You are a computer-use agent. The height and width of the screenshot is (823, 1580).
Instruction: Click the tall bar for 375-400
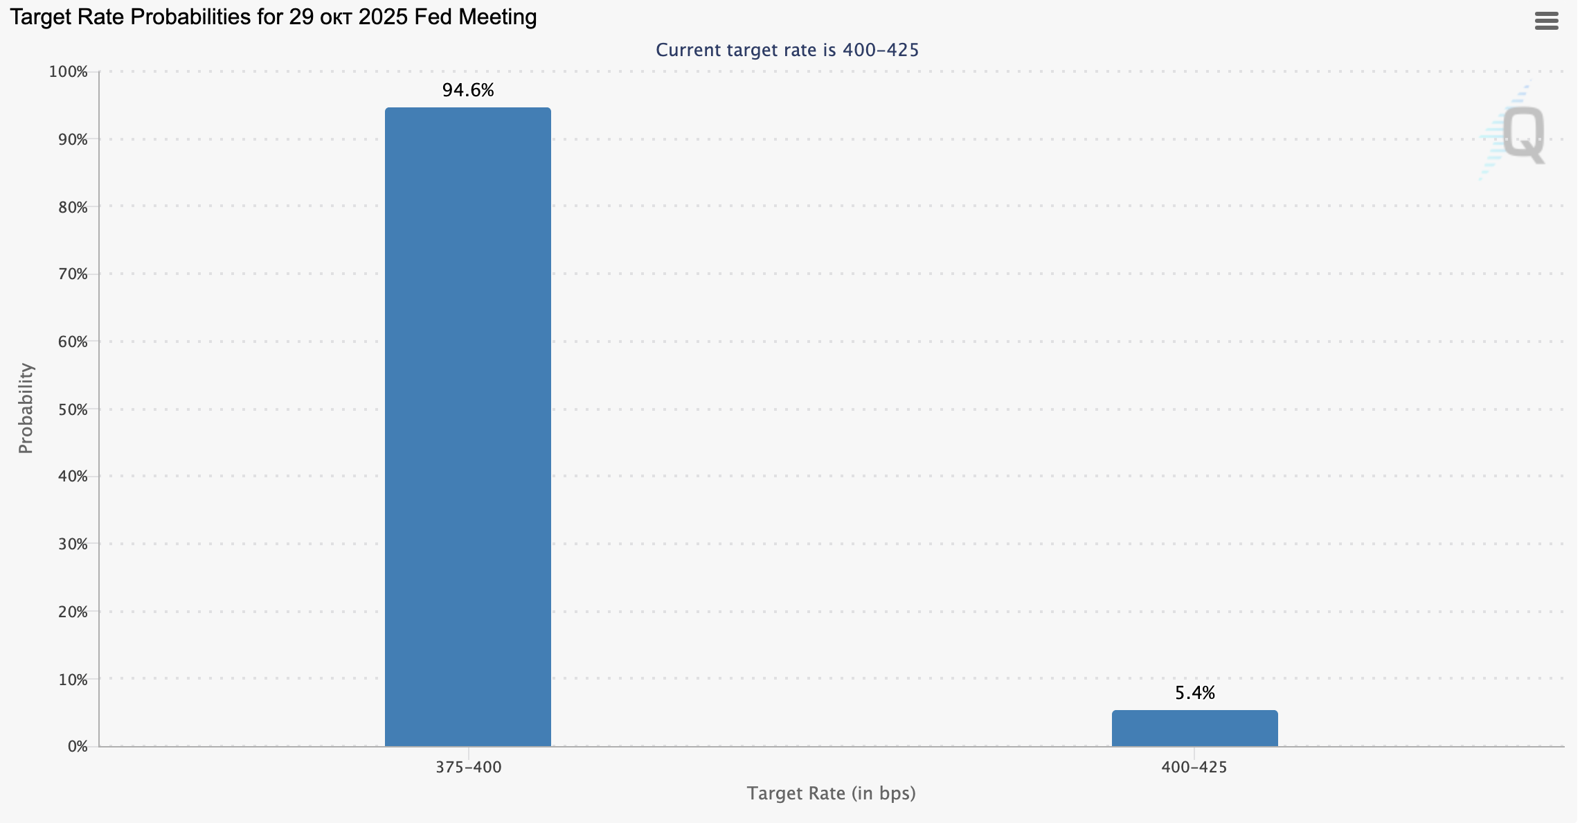tap(468, 426)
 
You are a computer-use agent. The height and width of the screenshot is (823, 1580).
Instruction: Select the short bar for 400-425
tap(1194, 728)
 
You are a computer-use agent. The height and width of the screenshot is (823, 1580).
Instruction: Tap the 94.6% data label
tap(468, 90)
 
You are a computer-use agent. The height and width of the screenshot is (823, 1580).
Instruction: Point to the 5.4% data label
tap(1194, 693)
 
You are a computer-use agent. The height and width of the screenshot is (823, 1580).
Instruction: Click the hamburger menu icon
tap(1546, 21)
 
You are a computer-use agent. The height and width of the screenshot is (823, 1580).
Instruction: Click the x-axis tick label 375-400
tap(468, 767)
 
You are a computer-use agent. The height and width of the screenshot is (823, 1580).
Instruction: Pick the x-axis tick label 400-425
tap(1194, 767)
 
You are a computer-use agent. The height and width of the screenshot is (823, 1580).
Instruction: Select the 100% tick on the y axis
tap(68, 72)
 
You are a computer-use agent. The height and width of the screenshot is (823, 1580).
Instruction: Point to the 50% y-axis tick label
tap(72, 409)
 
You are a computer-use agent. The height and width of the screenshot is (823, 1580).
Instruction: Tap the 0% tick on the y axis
tap(78, 747)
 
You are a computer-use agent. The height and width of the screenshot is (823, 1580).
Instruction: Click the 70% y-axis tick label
tap(72, 274)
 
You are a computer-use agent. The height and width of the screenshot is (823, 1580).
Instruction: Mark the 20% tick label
tap(72, 612)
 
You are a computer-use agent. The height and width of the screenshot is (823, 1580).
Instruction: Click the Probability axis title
tap(26, 409)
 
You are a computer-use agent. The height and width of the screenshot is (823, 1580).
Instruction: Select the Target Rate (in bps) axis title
tap(831, 793)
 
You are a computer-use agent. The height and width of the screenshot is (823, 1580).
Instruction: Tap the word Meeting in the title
tap(496, 17)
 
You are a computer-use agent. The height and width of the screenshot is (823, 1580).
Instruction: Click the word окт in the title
tap(336, 17)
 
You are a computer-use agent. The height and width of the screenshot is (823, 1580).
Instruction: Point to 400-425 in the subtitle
tap(880, 50)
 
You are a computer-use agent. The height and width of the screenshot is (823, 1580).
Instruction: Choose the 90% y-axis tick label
tap(72, 139)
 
